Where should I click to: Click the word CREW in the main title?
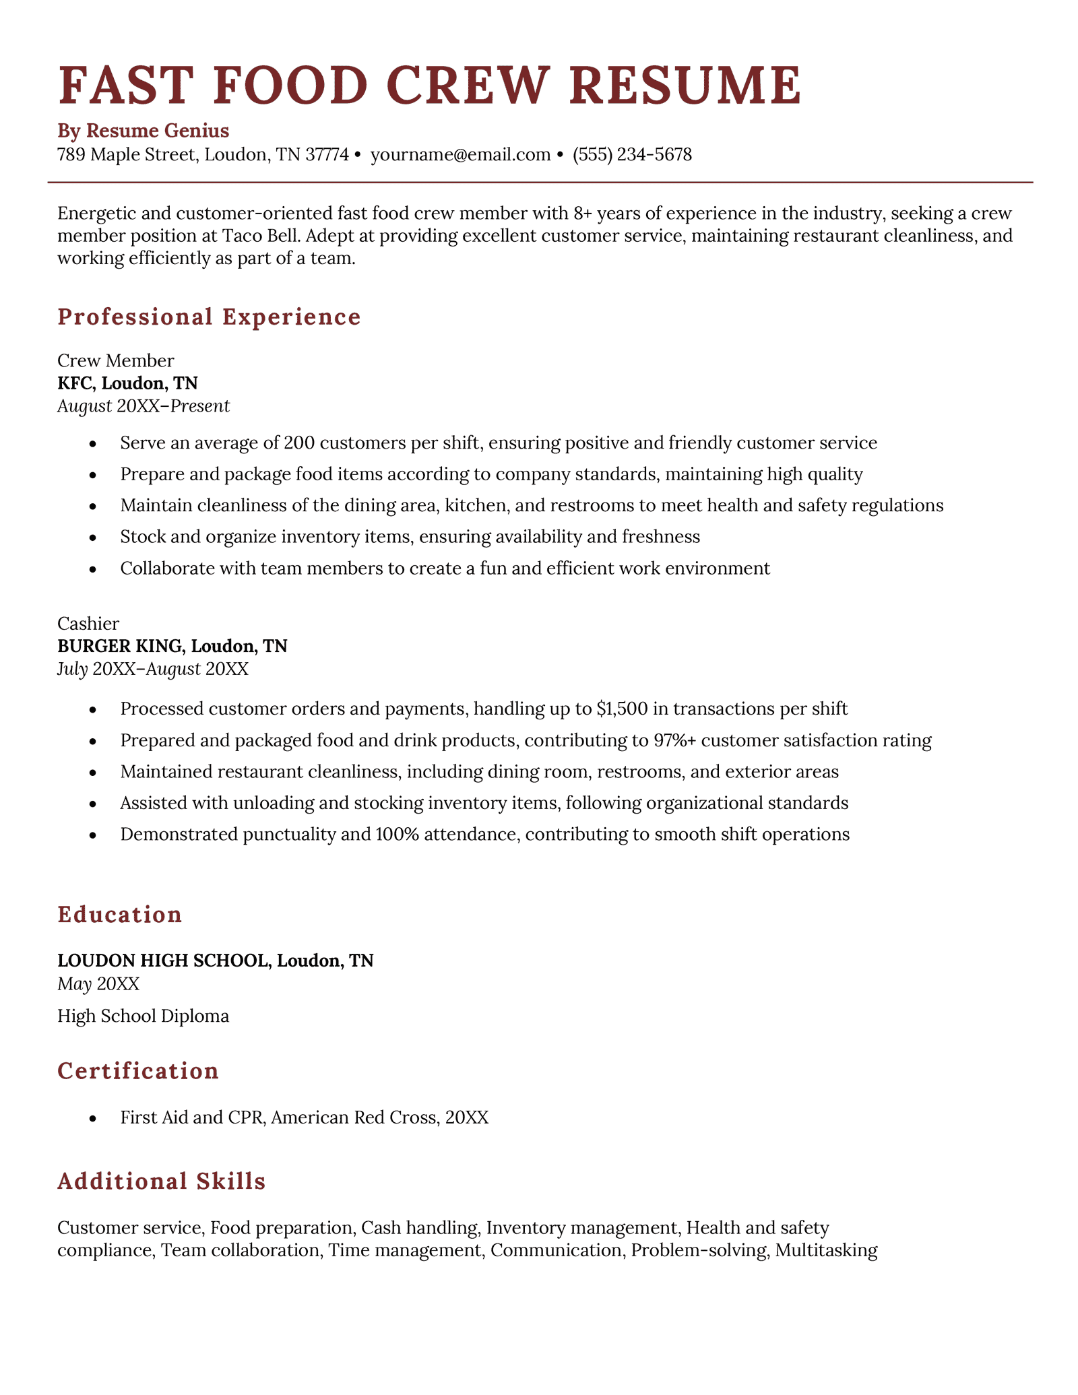470,86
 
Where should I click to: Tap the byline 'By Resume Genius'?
143,130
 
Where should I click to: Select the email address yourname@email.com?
460,155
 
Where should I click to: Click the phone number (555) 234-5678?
632,155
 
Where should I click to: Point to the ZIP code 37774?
327,155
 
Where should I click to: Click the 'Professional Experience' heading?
209,317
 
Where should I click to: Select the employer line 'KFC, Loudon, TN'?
127,383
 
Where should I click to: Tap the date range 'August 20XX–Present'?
144,405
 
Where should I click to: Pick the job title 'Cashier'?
88,624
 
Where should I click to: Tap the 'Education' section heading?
120,915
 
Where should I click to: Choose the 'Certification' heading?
138,1071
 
